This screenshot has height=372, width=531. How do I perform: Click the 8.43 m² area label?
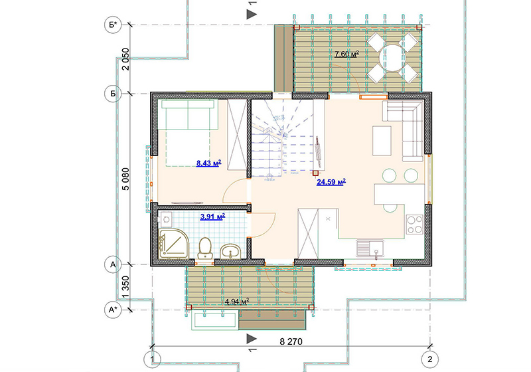coord(208,163)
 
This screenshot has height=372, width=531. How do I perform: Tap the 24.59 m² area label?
coord(331,182)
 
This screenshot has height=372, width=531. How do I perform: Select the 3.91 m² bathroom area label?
coord(212,217)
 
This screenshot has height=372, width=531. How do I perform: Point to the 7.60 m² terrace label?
coord(346,54)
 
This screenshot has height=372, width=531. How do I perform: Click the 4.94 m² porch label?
coord(237,301)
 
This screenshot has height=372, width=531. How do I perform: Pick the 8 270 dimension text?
coord(291,341)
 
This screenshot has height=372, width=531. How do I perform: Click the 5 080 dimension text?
coord(125,179)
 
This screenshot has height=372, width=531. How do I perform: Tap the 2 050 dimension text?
coord(125,59)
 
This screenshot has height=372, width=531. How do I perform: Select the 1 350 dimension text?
coord(125,287)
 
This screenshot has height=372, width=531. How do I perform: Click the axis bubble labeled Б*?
coord(113,25)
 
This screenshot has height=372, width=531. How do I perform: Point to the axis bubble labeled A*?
coord(113,310)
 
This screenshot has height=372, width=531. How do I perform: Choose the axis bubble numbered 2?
coord(429,359)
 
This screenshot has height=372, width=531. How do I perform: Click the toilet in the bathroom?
coord(205,247)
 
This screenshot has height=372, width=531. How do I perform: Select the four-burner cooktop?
coord(415,225)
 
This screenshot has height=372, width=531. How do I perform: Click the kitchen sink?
coord(370,250)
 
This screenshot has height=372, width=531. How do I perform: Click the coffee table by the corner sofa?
coord(382,141)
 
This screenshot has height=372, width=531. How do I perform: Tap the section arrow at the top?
coord(252,14)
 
